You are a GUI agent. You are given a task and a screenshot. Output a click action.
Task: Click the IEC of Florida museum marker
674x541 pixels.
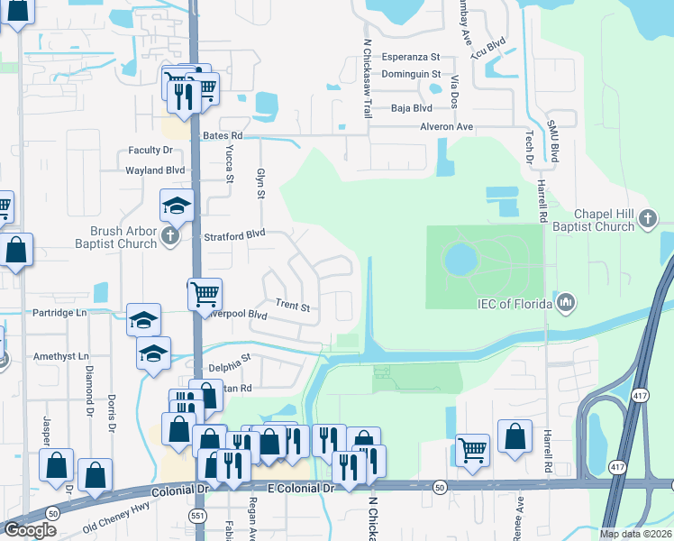pyautogui.click(x=567, y=300)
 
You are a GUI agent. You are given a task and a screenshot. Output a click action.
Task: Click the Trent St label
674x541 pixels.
pyautogui.click(x=293, y=307)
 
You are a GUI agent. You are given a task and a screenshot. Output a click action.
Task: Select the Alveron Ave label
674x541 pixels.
pyautogui.click(x=446, y=127)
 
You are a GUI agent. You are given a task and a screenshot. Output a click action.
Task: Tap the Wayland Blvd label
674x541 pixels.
pyautogui.click(x=155, y=170)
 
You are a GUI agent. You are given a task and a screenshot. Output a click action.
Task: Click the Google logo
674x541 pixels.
pyautogui.click(x=30, y=529)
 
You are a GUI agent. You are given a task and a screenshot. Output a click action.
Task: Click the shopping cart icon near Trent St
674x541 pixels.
pyautogui.click(x=205, y=292)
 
